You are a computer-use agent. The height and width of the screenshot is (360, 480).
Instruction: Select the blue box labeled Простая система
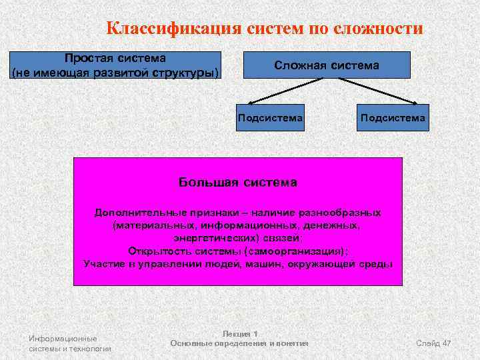115,65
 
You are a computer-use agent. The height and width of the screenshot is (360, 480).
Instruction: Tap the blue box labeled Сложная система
326,65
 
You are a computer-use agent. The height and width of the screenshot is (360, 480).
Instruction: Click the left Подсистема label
270,118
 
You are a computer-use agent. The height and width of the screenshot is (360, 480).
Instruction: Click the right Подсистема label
392,118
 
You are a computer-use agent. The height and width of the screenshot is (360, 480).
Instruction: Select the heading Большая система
238,181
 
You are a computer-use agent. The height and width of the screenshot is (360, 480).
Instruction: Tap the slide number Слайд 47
433,343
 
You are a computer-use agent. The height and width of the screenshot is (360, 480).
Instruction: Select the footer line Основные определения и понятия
239,343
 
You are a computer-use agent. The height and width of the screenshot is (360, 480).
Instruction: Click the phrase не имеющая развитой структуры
115,71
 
